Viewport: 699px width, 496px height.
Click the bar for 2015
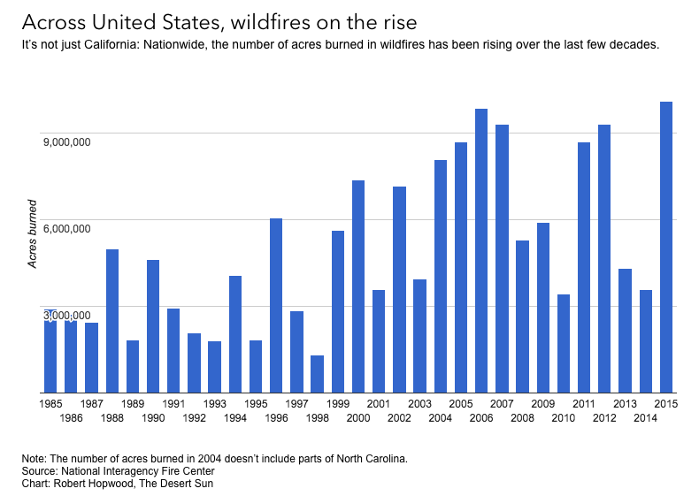tap(666, 248)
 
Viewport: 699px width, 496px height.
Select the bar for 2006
tap(481, 251)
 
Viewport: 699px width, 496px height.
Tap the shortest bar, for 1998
tap(317, 374)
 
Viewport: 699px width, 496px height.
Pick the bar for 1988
tap(112, 321)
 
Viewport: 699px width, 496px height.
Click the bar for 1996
tap(276, 305)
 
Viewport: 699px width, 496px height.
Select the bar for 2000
tap(358, 286)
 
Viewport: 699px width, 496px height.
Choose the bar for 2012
tap(604, 259)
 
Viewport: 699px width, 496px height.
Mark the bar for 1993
tap(214, 367)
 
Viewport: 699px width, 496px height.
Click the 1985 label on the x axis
tap(51, 404)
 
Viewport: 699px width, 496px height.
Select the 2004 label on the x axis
tap(441, 417)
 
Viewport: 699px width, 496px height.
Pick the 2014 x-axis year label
tap(646, 417)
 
